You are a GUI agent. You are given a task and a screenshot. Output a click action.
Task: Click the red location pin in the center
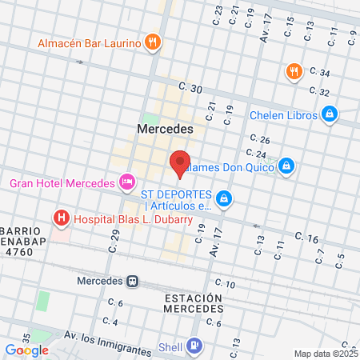(180, 162)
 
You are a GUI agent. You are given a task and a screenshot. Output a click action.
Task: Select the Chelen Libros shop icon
(330, 115)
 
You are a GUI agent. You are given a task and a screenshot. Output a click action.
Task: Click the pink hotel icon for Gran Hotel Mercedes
(127, 184)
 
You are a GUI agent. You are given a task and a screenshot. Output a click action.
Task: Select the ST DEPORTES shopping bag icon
(225, 198)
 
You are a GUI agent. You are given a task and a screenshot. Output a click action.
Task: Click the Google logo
(26, 350)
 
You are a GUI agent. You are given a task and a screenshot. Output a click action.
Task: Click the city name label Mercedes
(165, 128)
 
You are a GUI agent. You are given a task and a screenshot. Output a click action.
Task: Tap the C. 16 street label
(306, 237)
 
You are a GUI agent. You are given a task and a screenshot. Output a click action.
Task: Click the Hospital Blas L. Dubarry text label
(130, 218)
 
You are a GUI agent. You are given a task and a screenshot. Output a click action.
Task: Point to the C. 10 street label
(225, 284)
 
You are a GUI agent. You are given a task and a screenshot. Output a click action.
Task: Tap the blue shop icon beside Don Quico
(287, 166)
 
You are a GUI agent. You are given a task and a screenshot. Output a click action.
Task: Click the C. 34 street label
(319, 73)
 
